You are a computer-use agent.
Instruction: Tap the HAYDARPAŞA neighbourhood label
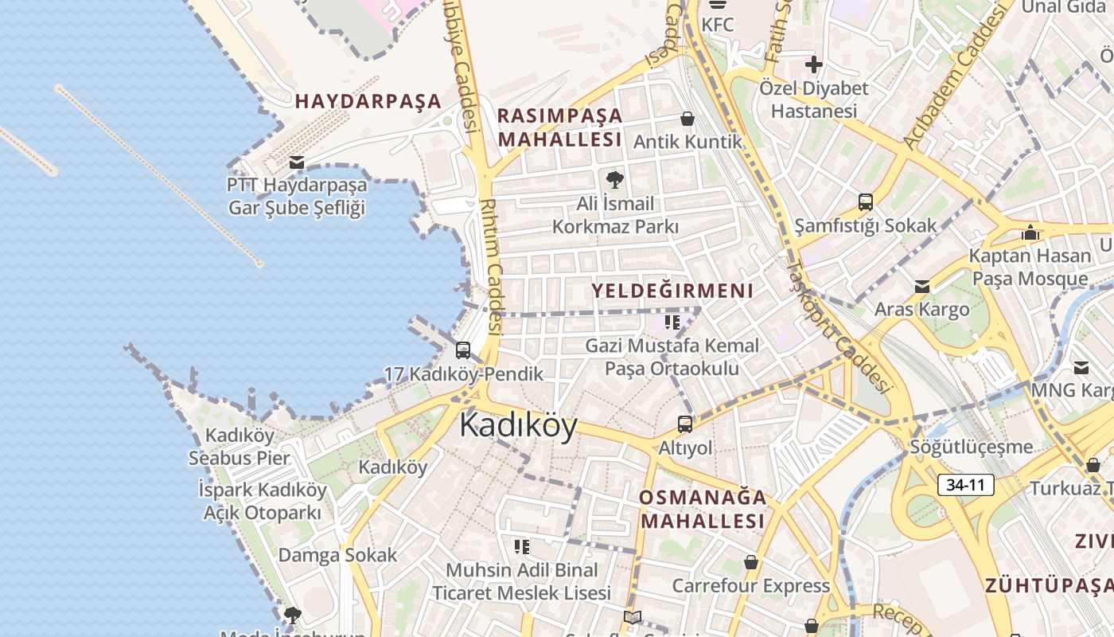[x=368, y=101]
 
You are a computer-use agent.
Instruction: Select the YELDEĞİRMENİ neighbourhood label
[x=672, y=291]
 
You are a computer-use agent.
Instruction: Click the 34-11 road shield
[x=965, y=484]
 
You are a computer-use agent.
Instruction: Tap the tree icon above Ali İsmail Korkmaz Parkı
[x=614, y=179]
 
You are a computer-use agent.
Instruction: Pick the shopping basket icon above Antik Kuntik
[x=687, y=119]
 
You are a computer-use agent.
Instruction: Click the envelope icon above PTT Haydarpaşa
[x=297, y=162]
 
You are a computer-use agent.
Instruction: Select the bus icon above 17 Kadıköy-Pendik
[x=462, y=350]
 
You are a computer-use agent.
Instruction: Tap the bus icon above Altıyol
[x=684, y=424]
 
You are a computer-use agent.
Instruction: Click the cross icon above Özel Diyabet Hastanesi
[x=813, y=64]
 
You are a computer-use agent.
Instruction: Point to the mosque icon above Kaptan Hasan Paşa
[x=1030, y=233]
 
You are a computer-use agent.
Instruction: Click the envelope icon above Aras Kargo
[x=921, y=286]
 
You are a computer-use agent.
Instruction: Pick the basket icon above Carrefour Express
[x=750, y=562]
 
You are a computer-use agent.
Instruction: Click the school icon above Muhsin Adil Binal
[x=522, y=546]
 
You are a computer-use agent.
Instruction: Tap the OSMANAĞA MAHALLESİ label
[x=703, y=510]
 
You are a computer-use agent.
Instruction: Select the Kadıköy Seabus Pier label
[x=240, y=447]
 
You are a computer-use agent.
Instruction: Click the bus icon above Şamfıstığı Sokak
[x=865, y=202]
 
